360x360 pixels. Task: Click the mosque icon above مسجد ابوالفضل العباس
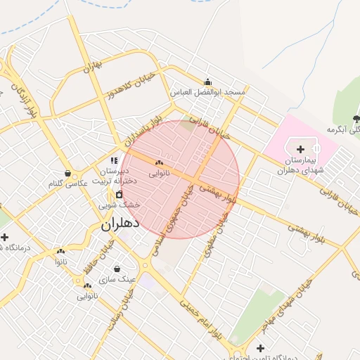tap(207, 82)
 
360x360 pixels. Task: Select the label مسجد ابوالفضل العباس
tap(208, 92)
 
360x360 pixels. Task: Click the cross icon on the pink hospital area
tap(301, 149)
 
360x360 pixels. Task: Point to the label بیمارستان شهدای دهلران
tap(300, 165)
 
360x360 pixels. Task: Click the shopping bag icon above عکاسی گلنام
tap(67, 173)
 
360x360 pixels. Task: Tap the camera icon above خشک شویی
tap(119, 194)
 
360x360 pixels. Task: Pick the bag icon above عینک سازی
tap(117, 269)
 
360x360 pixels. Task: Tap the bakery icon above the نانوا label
tap(60, 251)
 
